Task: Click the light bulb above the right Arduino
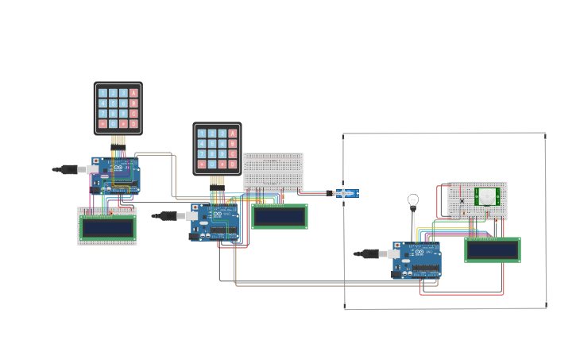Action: [x=412, y=200]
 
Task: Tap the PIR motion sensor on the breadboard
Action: [x=487, y=195]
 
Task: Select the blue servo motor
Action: [x=346, y=192]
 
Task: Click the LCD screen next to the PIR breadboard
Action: [x=493, y=250]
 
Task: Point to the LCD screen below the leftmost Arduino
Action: [x=107, y=227]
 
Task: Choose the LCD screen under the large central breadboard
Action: [x=280, y=216]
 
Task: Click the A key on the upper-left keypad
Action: [x=133, y=94]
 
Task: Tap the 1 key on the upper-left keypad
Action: [x=102, y=94]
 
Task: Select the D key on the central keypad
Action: [x=233, y=165]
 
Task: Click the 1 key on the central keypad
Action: [x=202, y=134]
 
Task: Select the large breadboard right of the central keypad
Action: [x=273, y=172]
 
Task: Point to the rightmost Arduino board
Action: [x=416, y=260]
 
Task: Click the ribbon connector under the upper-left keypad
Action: [x=118, y=141]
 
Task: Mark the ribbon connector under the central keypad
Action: [x=217, y=180]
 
